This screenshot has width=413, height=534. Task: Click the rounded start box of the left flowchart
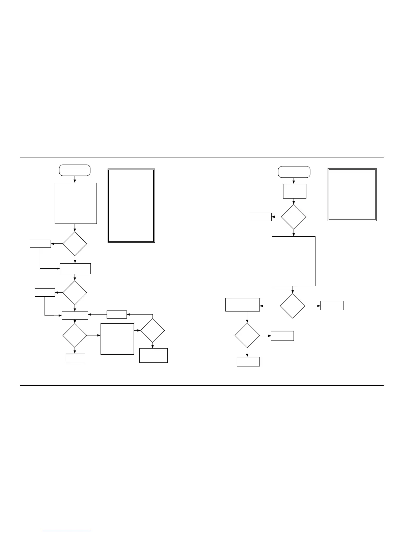(x=75, y=170)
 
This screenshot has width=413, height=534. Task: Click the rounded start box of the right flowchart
(x=294, y=172)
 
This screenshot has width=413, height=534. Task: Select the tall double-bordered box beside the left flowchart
(x=131, y=206)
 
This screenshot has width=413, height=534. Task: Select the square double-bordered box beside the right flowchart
(x=352, y=195)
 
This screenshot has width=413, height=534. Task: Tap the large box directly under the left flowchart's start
(x=76, y=203)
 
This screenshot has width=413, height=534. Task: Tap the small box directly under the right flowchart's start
(x=295, y=191)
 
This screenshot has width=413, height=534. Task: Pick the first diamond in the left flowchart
(x=75, y=244)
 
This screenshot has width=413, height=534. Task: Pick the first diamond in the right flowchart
(x=294, y=217)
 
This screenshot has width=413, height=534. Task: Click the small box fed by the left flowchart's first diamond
(x=40, y=243)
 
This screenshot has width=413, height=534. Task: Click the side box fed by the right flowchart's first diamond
(x=260, y=217)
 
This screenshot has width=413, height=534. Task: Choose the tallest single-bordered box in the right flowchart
(x=294, y=261)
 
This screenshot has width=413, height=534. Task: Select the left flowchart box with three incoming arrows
(x=75, y=316)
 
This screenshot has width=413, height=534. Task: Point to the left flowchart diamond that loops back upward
(x=153, y=331)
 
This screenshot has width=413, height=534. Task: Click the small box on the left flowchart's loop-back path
(x=116, y=315)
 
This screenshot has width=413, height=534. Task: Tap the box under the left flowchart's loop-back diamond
(x=154, y=355)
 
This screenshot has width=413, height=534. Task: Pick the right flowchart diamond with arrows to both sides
(x=293, y=306)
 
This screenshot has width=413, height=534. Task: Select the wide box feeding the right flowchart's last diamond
(x=242, y=305)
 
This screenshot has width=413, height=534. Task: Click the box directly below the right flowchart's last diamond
(x=248, y=362)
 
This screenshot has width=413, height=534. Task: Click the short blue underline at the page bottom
(x=67, y=531)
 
